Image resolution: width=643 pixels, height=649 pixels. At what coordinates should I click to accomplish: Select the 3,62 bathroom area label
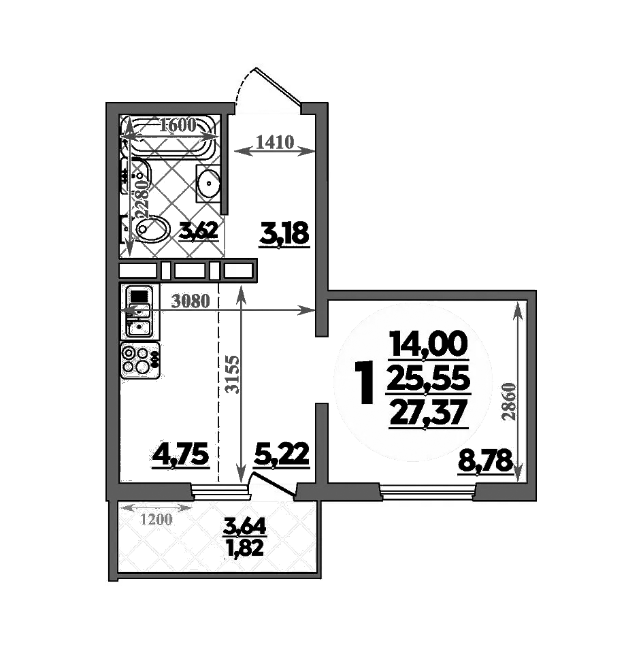point(198,231)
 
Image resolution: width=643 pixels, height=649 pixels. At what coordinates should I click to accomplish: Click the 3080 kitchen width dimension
point(189,301)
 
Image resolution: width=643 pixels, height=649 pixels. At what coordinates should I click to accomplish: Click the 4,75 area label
point(180,454)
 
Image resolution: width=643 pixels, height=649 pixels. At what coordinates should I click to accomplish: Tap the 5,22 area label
point(282,454)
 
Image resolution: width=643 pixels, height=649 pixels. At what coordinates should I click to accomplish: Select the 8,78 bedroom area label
point(484,462)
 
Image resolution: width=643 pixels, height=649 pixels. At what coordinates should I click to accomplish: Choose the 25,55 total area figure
point(428,379)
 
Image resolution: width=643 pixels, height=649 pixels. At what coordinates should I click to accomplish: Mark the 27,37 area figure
point(428,412)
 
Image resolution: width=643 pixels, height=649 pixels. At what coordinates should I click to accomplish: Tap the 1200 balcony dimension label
point(156,520)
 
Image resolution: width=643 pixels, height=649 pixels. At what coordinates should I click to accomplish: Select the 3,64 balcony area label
point(245,526)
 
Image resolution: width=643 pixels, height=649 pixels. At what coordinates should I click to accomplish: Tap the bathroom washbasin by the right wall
point(208,182)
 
